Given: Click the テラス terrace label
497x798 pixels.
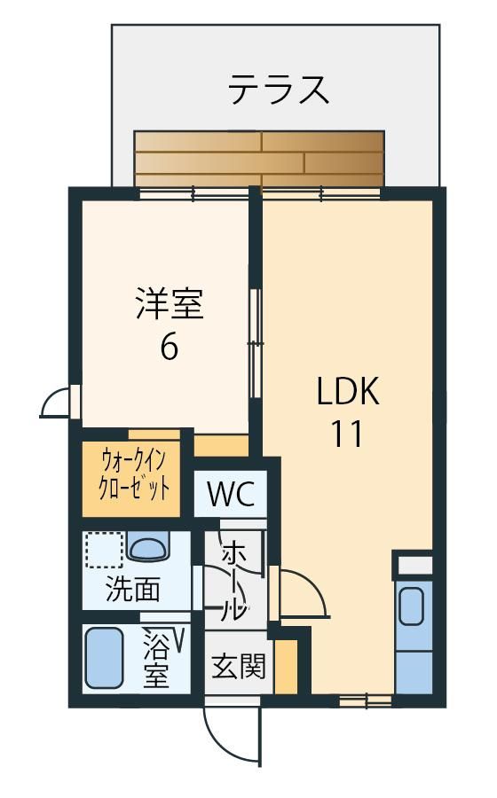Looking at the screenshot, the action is pyautogui.click(x=278, y=90).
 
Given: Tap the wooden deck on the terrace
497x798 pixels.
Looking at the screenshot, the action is pyautogui.click(x=258, y=160).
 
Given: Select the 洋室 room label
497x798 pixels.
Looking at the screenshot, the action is pyautogui.click(x=170, y=304).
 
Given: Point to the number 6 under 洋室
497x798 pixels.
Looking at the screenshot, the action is pyautogui.click(x=170, y=348).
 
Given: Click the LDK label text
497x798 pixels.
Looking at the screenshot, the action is pyautogui.click(x=348, y=391).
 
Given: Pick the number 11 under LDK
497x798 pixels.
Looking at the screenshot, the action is pyautogui.click(x=347, y=434).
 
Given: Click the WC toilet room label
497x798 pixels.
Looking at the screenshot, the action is pyautogui.click(x=231, y=493).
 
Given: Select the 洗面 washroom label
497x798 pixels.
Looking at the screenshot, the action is pyautogui.click(x=133, y=590).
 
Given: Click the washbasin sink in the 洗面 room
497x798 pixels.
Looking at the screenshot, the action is pyautogui.click(x=147, y=546).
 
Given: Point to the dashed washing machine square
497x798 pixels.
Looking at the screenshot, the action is pyautogui.click(x=105, y=550).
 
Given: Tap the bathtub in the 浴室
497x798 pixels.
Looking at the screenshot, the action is pyautogui.click(x=105, y=658).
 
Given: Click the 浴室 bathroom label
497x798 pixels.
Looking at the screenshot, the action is pyautogui.click(x=156, y=659).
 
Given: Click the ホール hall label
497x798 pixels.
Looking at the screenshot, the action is pyautogui.click(x=235, y=582).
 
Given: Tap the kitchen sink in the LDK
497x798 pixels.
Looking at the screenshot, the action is pyautogui.click(x=412, y=606).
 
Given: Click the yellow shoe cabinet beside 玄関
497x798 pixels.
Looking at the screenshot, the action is pyautogui.click(x=286, y=666).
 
